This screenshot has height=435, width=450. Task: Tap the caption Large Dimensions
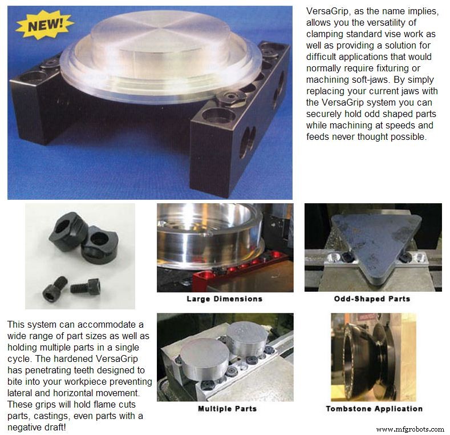[x=224, y=299]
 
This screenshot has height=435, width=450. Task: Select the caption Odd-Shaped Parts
[x=372, y=299]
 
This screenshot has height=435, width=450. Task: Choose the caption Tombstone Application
[x=374, y=409]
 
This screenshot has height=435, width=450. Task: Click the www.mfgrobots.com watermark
[x=410, y=429]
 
